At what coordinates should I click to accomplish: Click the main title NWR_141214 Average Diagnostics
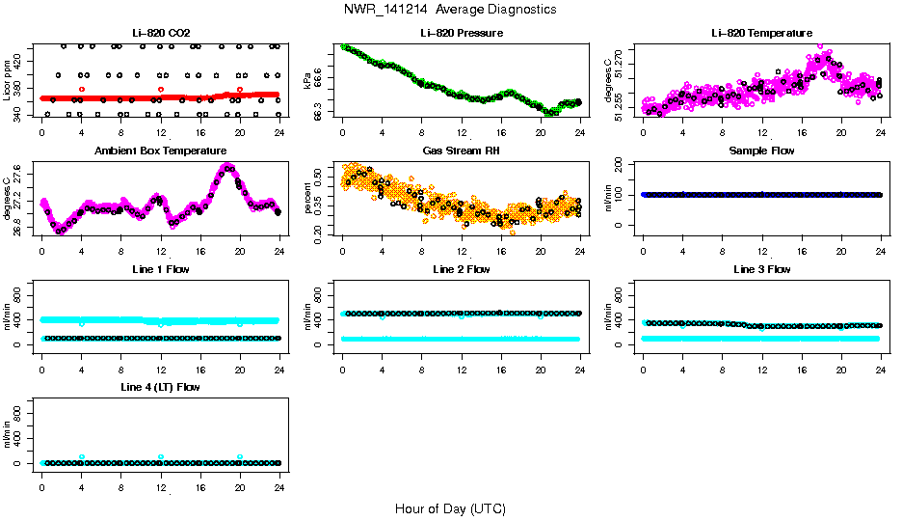tap(450, 9)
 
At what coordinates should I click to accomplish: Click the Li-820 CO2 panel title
tap(160, 34)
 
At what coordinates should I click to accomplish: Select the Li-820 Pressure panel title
tap(461, 34)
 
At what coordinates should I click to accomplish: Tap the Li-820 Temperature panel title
tap(761, 34)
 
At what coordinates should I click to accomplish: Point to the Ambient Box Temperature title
tap(160, 151)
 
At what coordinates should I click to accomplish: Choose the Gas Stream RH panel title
tap(461, 151)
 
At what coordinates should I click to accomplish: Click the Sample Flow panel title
tap(761, 151)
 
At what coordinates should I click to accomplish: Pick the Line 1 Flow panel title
tap(160, 269)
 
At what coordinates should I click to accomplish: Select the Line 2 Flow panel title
tap(461, 269)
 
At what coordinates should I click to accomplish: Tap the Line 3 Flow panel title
tap(761, 269)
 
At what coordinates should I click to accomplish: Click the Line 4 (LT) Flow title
tap(160, 387)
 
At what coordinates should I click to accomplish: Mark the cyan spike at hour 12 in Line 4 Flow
tap(161, 457)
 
